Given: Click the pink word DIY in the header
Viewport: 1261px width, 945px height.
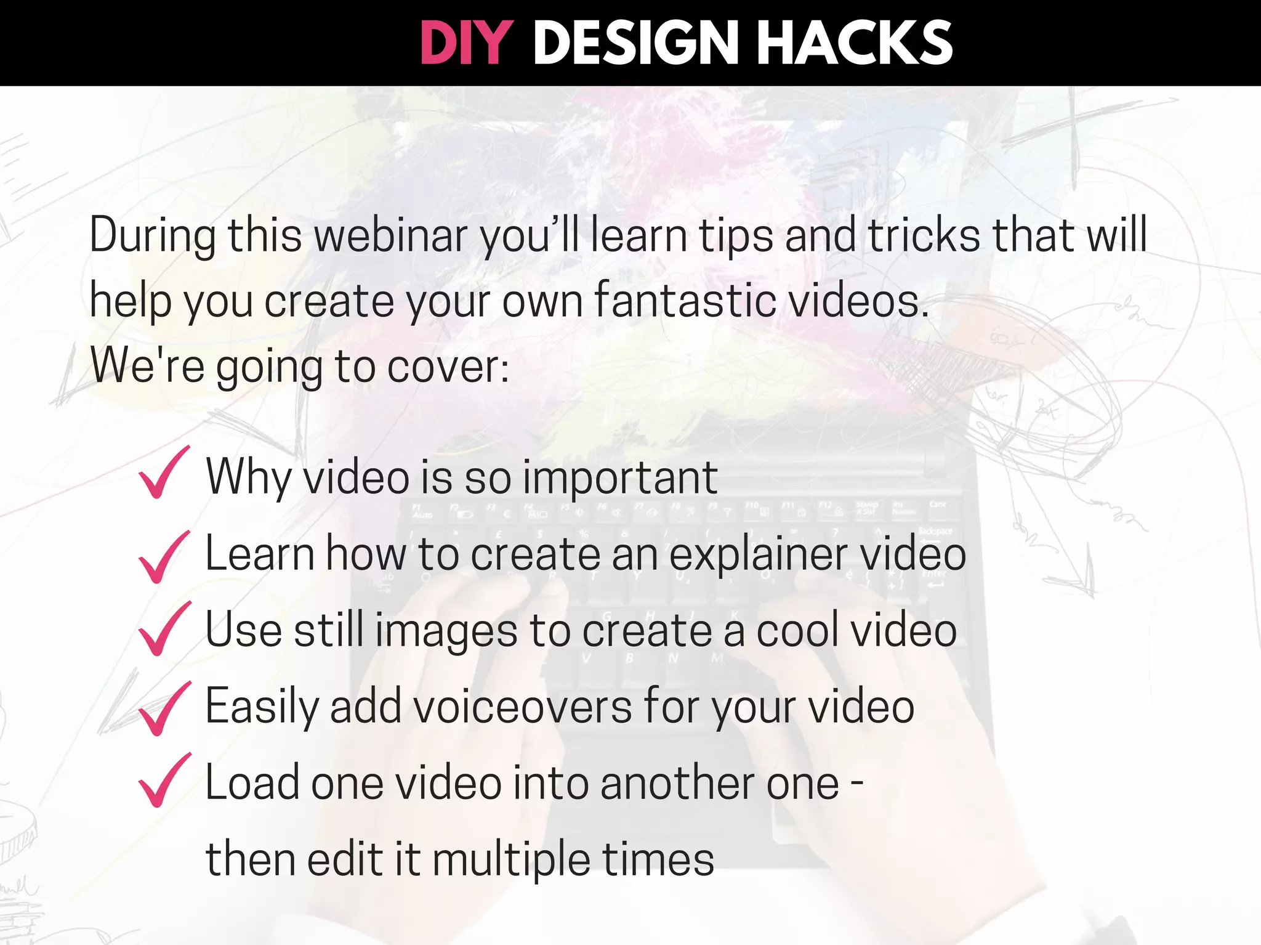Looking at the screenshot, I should tap(466, 43).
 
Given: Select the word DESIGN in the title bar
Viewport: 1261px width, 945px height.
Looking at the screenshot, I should tap(635, 43).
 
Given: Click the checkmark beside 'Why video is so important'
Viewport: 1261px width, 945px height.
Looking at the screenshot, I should tap(163, 473).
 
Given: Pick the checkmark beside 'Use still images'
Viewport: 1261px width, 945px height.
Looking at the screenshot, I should tap(163, 629).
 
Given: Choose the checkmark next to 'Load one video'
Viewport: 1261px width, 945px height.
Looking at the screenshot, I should tap(163, 781).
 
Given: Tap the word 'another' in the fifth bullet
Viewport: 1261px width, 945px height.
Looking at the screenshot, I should tap(677, 783).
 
